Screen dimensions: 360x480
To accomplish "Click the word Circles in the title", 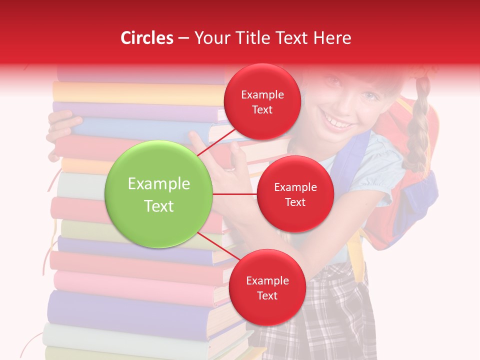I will coord(147,38).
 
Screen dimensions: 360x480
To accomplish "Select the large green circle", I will coord(159,194).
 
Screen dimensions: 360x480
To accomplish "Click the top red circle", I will coord(262,101).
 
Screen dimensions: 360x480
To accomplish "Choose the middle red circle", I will coord(295,194).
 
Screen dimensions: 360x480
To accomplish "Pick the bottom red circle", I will coord(267,287).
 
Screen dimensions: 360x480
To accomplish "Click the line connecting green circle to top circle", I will coord(216,141).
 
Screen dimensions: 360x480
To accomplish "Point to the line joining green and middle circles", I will coord(235,194).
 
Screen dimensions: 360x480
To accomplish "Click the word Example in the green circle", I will coord(159,184).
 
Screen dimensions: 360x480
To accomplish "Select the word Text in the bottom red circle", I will coord(267,295).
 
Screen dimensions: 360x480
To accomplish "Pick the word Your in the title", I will coord(211,38).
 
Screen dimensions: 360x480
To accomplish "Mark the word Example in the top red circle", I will coord(262,94).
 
